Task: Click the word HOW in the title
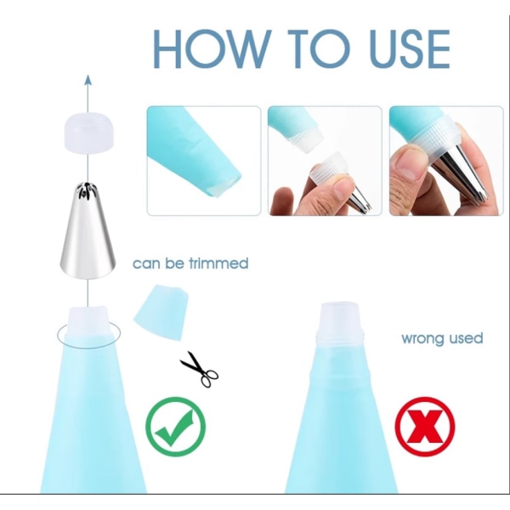pyautogui.click(x=212, y=48)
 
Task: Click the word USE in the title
pyautogui.click(x=410, y=48)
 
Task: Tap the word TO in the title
pyautogui.click(x=320, y=48)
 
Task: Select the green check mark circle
pyautogui.click(x=176, y=427)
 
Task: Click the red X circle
pyautogui.click(x=425, y=427)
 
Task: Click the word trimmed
pyautogui.click(x=218, y=263)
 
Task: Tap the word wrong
pyautogui.click(x=422, y=338)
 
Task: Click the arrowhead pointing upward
pyautogui.click(x=88, y=80)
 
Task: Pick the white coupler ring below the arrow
pyautogui.click(x=88, y=132)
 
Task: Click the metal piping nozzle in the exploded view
pyautogui.click(x=88, y=230)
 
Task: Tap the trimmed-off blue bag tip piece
pyautogui.click(x=161, y=312)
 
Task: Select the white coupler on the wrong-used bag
pyautogui.click(x=340, y=324)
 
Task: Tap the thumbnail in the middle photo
pyautogui.click(x=338, y=189)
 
